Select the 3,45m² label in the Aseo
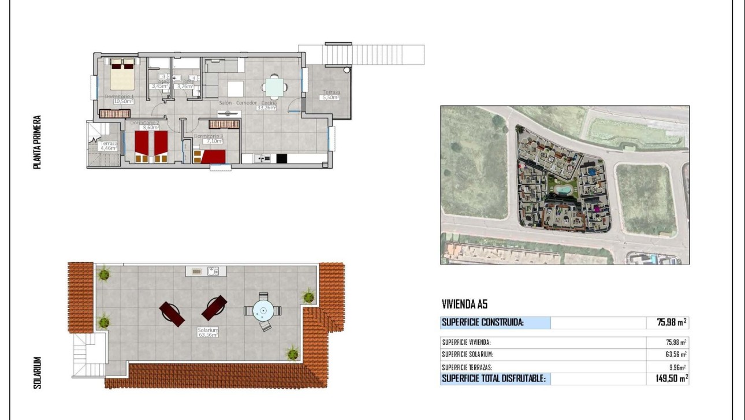[x=157, y=87]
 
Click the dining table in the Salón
[x=275, y=87]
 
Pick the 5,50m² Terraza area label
[x=331, y=98]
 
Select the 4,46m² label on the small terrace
[x=109, y=148]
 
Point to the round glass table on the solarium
[x=263, y=311]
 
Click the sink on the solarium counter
[x=214, y=270]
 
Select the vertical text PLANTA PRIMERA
[x=37, y=142]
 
